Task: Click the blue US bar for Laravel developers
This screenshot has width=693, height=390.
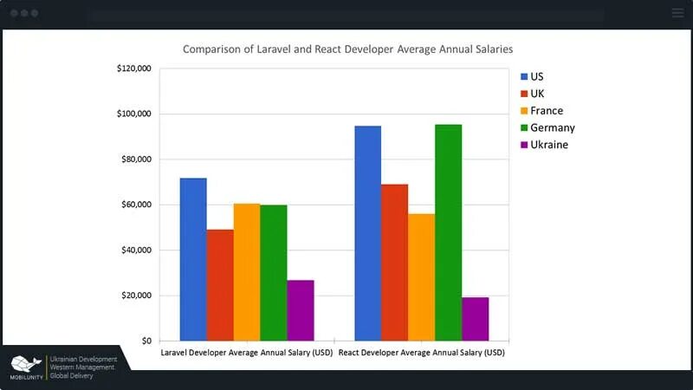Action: coord(193,259)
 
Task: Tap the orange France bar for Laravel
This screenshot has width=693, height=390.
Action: coord(247,272)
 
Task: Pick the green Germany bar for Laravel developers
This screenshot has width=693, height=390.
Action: coord(274,273)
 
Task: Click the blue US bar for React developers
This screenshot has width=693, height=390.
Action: coord(367,233)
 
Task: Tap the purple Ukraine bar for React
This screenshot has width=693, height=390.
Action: coord(475,319)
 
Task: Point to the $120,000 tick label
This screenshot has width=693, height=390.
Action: coord(133,68)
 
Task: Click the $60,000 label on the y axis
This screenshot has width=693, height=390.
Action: coord(136,205)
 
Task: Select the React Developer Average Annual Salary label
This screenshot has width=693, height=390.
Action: coord(422,353)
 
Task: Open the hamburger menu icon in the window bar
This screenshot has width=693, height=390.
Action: coord(677,13)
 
